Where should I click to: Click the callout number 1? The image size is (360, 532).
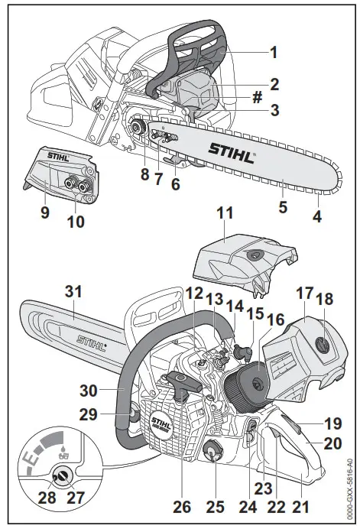point(274,54)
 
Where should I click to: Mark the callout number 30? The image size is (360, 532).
point(90,390)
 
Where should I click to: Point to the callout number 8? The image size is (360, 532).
point(144,174)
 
